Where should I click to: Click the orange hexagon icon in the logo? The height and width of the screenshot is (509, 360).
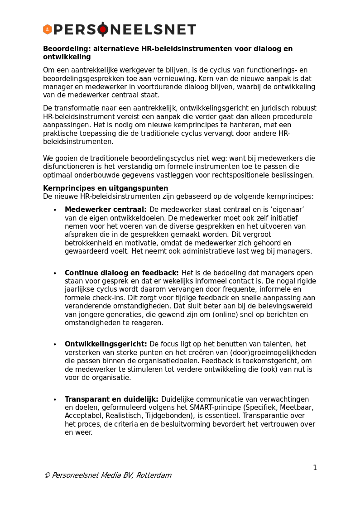coord(48,29)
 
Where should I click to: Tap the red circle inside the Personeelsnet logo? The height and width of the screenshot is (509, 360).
coord(103,29)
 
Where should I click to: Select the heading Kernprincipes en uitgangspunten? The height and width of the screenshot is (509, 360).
coord(106,188)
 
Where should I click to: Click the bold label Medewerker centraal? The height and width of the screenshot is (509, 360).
coord(106,210)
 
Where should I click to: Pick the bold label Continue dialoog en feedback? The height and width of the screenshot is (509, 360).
coord(121,273)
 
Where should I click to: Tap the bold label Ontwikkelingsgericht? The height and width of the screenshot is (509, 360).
coord(106,344)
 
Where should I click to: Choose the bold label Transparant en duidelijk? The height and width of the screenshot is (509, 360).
coord(111,399)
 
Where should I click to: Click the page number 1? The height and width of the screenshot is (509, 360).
coord(315,468)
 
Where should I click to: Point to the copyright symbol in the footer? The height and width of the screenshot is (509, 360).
coord(47,475)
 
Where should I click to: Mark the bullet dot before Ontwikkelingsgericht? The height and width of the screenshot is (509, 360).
coord(55,345)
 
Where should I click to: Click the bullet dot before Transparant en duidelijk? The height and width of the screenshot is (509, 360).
coord(55,400)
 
